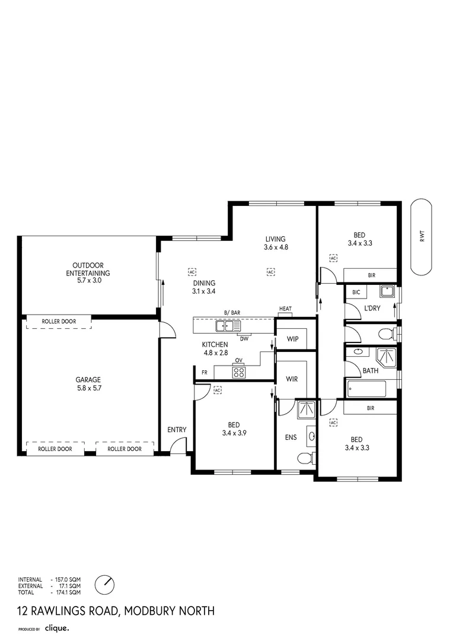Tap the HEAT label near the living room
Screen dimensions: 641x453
286,309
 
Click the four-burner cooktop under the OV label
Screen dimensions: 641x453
239,372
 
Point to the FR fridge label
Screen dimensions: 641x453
204,373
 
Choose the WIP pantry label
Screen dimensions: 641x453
292,339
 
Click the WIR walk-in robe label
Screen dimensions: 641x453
292,379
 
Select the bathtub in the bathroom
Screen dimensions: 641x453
366,389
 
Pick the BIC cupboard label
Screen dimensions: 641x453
356,293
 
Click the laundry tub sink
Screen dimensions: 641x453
388,291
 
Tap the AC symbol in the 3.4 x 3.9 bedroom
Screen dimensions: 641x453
217,390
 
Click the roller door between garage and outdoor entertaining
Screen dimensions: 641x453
59,322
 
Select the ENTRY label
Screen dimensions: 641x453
177,430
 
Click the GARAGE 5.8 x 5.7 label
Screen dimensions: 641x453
88,384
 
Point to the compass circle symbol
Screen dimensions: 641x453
105,583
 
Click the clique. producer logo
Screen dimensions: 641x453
58,627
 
